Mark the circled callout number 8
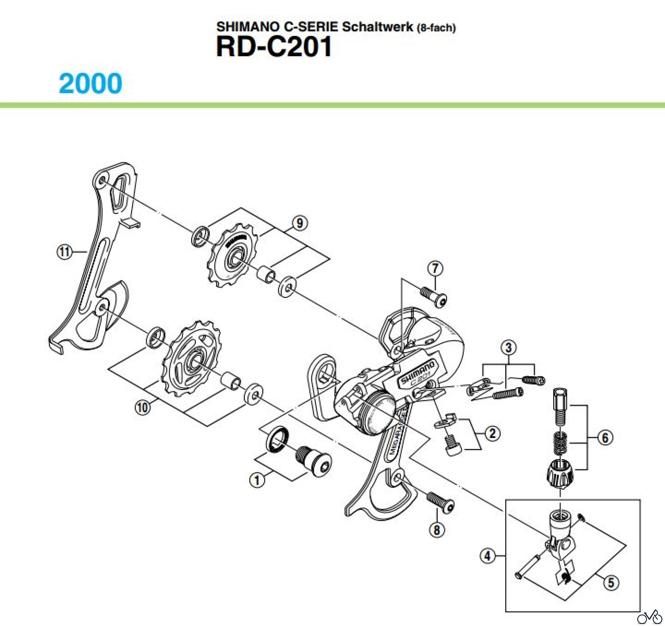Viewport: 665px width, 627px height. coord(437,530)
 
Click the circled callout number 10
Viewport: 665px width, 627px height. coord(143,407)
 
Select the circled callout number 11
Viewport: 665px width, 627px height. coord(64,251)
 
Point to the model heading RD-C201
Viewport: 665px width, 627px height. coord(274,47)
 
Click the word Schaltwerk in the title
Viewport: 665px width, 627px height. coord(377,27)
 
